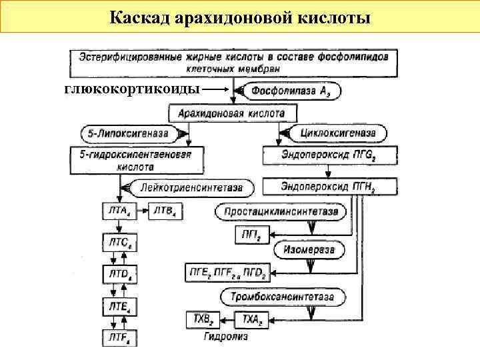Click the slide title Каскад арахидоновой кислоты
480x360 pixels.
(x=240, y=16)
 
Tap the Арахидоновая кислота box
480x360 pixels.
(x=231, y=113)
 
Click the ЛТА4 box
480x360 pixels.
(x=119, y=212)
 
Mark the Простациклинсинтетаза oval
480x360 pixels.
(x=281, y=212)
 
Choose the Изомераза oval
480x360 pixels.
(x=309, y=251)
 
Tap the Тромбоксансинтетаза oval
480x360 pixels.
(x=284, y=296)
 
